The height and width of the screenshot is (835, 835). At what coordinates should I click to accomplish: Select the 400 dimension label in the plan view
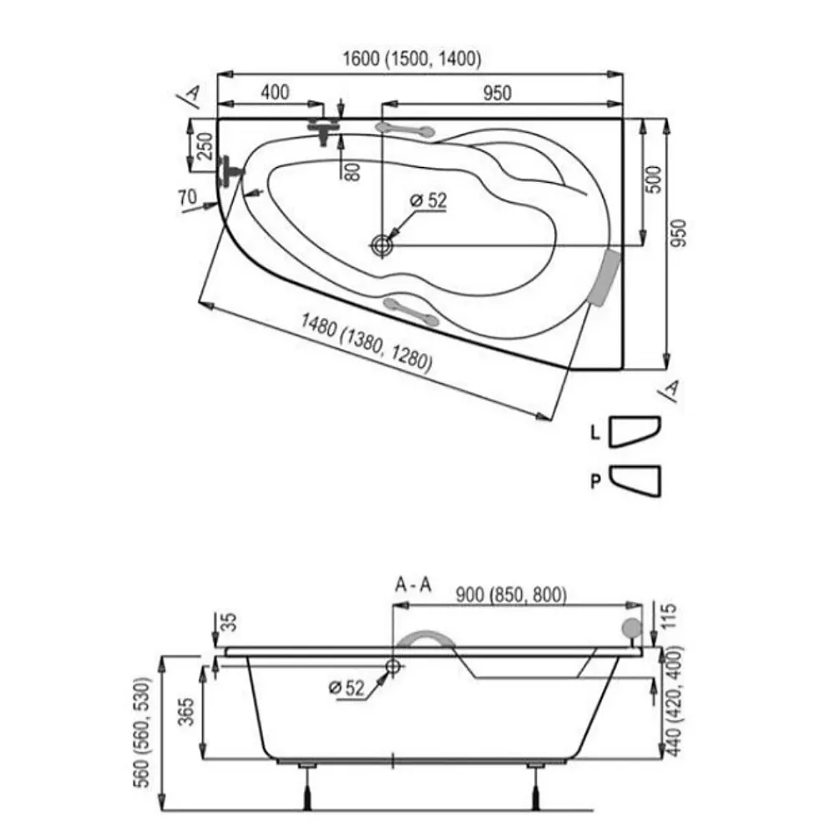coord(275,92)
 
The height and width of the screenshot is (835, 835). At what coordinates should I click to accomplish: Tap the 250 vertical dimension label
coord(205,146)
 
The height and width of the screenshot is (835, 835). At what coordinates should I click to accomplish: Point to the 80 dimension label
coord(352,171)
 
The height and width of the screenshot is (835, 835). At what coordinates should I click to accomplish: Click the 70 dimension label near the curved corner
coord(187,198)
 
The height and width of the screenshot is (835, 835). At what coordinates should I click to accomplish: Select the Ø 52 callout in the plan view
coord(428,200)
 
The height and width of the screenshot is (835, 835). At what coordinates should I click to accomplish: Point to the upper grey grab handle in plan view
coord(405,129)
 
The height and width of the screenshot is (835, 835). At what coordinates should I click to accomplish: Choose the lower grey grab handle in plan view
coord(411,311)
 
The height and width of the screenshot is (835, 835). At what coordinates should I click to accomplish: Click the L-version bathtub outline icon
coord(635,431)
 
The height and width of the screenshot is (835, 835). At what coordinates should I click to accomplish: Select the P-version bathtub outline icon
coord(635,481)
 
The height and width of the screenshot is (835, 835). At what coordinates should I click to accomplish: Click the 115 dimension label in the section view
coord(670,615)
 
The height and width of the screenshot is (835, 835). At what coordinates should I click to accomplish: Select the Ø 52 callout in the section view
coord(347,687)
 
